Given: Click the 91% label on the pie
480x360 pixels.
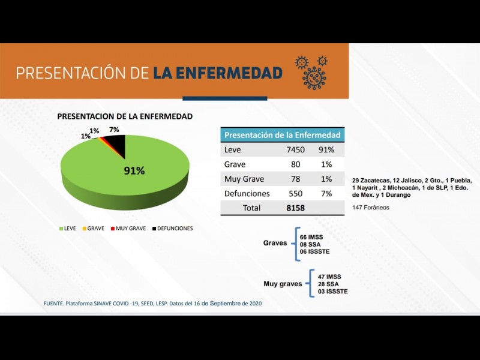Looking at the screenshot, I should pos(134,171).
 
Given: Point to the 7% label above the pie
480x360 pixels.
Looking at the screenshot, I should pos(114,130).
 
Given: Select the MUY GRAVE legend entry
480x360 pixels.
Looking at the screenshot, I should pos(129,229).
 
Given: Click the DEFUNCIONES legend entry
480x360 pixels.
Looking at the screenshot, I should pos(171,229).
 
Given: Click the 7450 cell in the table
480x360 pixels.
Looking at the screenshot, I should pos(296,150).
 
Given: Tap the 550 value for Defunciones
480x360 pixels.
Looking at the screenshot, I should pos(296,193).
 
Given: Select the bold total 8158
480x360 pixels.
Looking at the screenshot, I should pos(296,208).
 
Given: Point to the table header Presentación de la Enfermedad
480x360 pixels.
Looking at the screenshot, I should pos(282,135).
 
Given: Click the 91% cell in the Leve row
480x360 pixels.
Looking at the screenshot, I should pos(326,150).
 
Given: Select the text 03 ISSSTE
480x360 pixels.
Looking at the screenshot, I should pos(333,292).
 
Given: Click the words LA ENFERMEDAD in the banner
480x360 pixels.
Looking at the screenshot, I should pos(217,73).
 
